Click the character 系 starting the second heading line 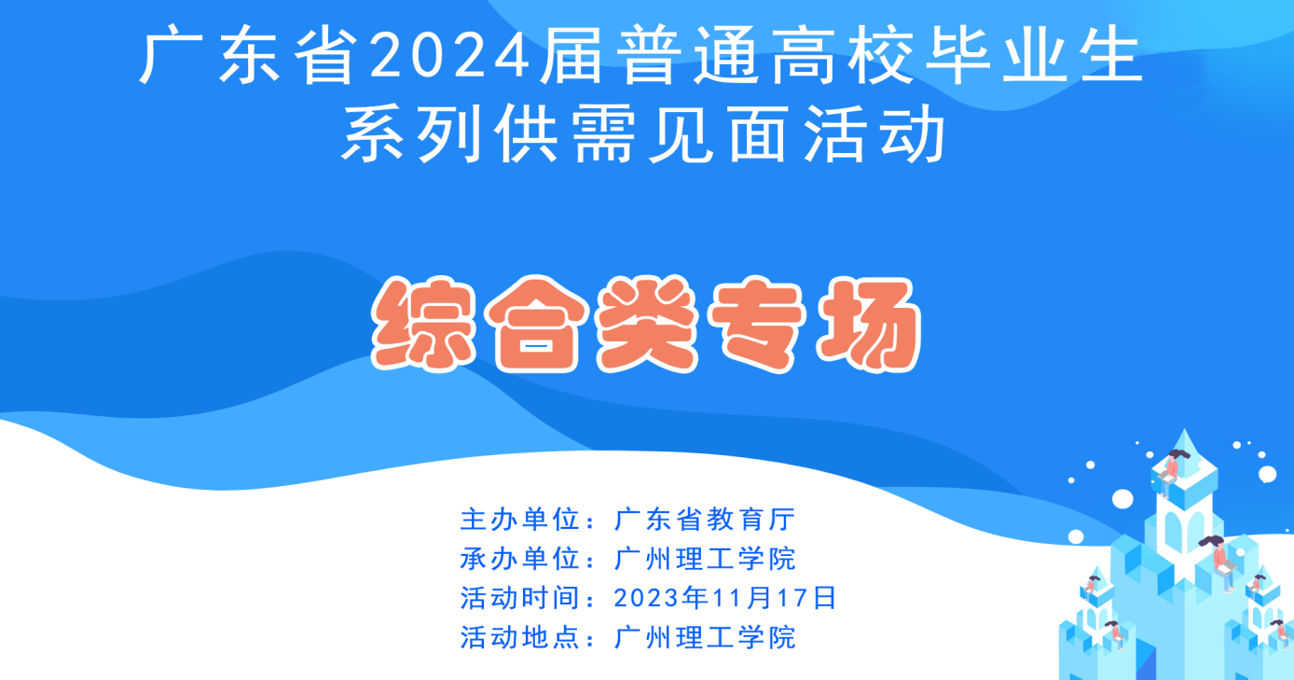point(373,133)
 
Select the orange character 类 point(647,324)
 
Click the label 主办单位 point(520,520)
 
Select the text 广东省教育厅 point(705,520)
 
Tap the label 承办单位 point(520,559)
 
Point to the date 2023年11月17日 point(725,598)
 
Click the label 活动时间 point(520,598)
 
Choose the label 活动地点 point(520,637)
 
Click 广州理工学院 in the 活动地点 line point(705,637)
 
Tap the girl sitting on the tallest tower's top point(1172,471)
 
